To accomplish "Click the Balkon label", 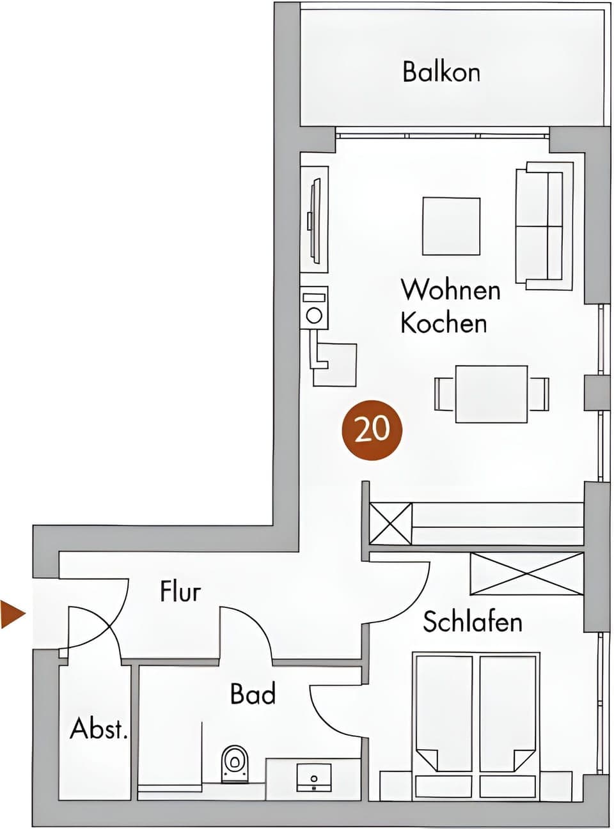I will click(441, 72).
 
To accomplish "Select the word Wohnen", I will click(450, 290).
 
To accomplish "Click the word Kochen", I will click(444, 323).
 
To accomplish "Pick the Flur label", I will click(180, 591).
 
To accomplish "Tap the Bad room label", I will click(253, 693).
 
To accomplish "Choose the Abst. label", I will click(99, 729).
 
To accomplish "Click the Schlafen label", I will click(473, 622).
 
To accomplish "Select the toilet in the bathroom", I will click(235, 763).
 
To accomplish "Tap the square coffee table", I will click(451, 226).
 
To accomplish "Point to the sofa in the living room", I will click(543, 225).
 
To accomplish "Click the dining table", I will click(491, 394).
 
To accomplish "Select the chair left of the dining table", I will click(444, 394).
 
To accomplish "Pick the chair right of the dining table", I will click(539, 394).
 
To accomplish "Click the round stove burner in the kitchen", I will click(314, 315).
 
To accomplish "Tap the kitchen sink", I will click(335, 364).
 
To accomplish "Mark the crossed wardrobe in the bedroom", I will click(526, 573).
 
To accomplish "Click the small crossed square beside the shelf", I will click(391, 524).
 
